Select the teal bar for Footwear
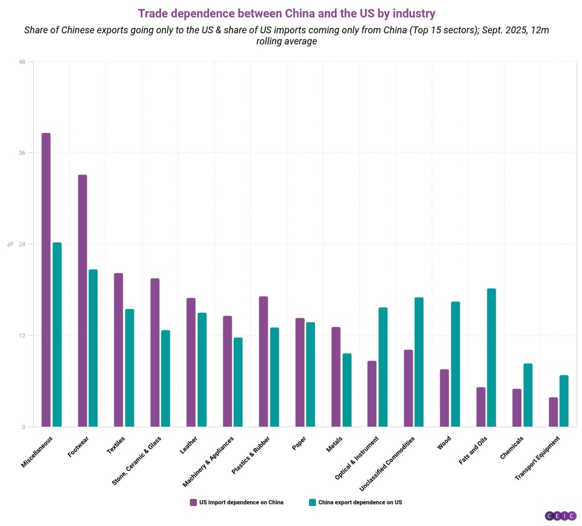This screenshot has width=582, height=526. (93, 348)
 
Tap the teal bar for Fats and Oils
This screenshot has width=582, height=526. (491, 358)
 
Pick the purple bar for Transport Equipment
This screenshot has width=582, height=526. (553, 412)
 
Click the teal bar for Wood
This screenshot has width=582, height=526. (455, 364)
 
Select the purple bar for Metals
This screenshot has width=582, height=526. (336, 377)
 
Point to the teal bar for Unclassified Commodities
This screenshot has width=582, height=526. (419, 362)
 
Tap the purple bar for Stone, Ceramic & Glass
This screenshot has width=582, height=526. (155, 353)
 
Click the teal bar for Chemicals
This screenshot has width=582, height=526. (528, 395)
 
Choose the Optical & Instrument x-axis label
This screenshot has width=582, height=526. (357, 458)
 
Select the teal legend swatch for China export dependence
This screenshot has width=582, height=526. (312, 502)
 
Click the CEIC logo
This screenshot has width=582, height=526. (560, 516)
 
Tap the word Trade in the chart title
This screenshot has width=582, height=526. (153, 13)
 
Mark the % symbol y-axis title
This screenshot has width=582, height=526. (10, 244)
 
